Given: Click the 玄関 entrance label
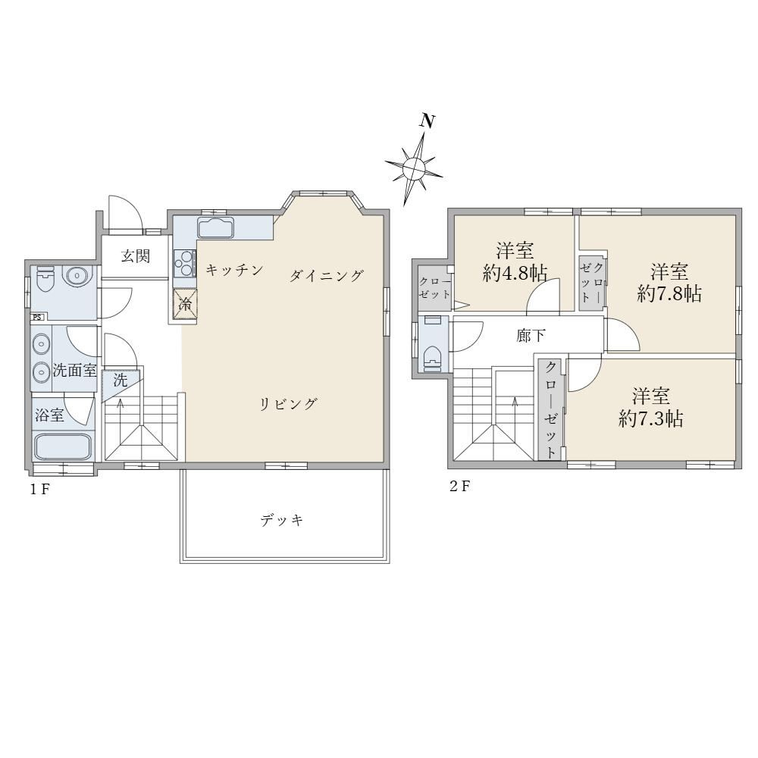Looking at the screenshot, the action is [136, 255].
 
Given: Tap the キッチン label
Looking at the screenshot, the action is [234, 270].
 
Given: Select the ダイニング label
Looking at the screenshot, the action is [326, 276].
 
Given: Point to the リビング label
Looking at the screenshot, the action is [289, 403].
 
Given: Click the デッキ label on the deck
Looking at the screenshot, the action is [282, 520].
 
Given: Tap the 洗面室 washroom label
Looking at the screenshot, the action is [75, 371].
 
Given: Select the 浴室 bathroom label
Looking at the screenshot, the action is [49, 415].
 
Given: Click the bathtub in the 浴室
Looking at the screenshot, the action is [64, 447].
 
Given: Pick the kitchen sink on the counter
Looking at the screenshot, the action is [215, 227].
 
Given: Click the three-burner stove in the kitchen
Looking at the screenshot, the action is [185, 264].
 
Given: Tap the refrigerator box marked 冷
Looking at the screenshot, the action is [186, 304].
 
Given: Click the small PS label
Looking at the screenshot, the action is [37, 317].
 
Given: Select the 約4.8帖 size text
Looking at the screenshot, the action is [515, 274].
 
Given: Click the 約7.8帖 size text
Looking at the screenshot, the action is [669, 294].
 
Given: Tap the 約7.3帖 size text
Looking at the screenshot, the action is [650, 418].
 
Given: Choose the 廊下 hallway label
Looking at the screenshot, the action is [531, 335].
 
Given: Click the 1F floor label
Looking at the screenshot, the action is [39, 489].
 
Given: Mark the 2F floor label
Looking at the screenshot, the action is [459, 486].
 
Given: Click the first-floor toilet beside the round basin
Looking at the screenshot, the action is [45, 279].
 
